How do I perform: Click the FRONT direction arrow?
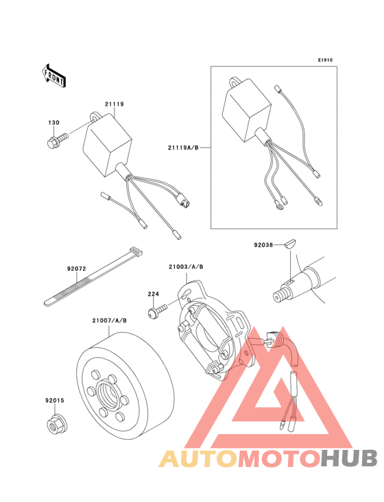pos(53,76)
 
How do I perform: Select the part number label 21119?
pos(115,104)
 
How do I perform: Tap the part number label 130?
pos(53,123)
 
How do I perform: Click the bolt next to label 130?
pos(58,141)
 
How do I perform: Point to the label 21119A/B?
pos(183,147)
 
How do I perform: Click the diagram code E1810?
pos(325,60)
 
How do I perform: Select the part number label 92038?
pos(263,245)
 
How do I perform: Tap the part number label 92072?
pos(77,269)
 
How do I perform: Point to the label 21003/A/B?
pos(186,267)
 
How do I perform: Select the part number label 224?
pos(154,294)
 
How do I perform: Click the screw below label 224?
pos(157,311)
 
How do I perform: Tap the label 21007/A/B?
pos(110,320)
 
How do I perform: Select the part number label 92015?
pos(55,401)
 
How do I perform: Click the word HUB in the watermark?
pos(348,459)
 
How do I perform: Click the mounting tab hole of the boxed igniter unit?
pos(235,82)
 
